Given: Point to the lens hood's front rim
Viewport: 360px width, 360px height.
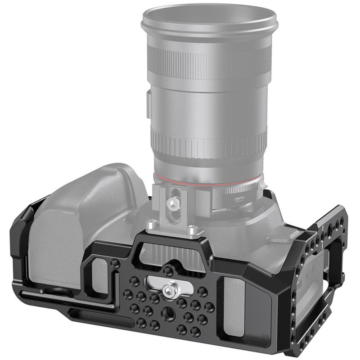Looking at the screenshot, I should click(209, 20).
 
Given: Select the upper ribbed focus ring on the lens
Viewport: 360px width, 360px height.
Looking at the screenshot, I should click(210, 63).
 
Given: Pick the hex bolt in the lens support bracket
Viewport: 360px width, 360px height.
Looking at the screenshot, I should click(173, 203).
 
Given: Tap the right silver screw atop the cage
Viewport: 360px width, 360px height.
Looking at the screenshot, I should click(192, 231).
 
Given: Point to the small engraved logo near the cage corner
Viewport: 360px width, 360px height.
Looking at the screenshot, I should click(266, 336).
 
